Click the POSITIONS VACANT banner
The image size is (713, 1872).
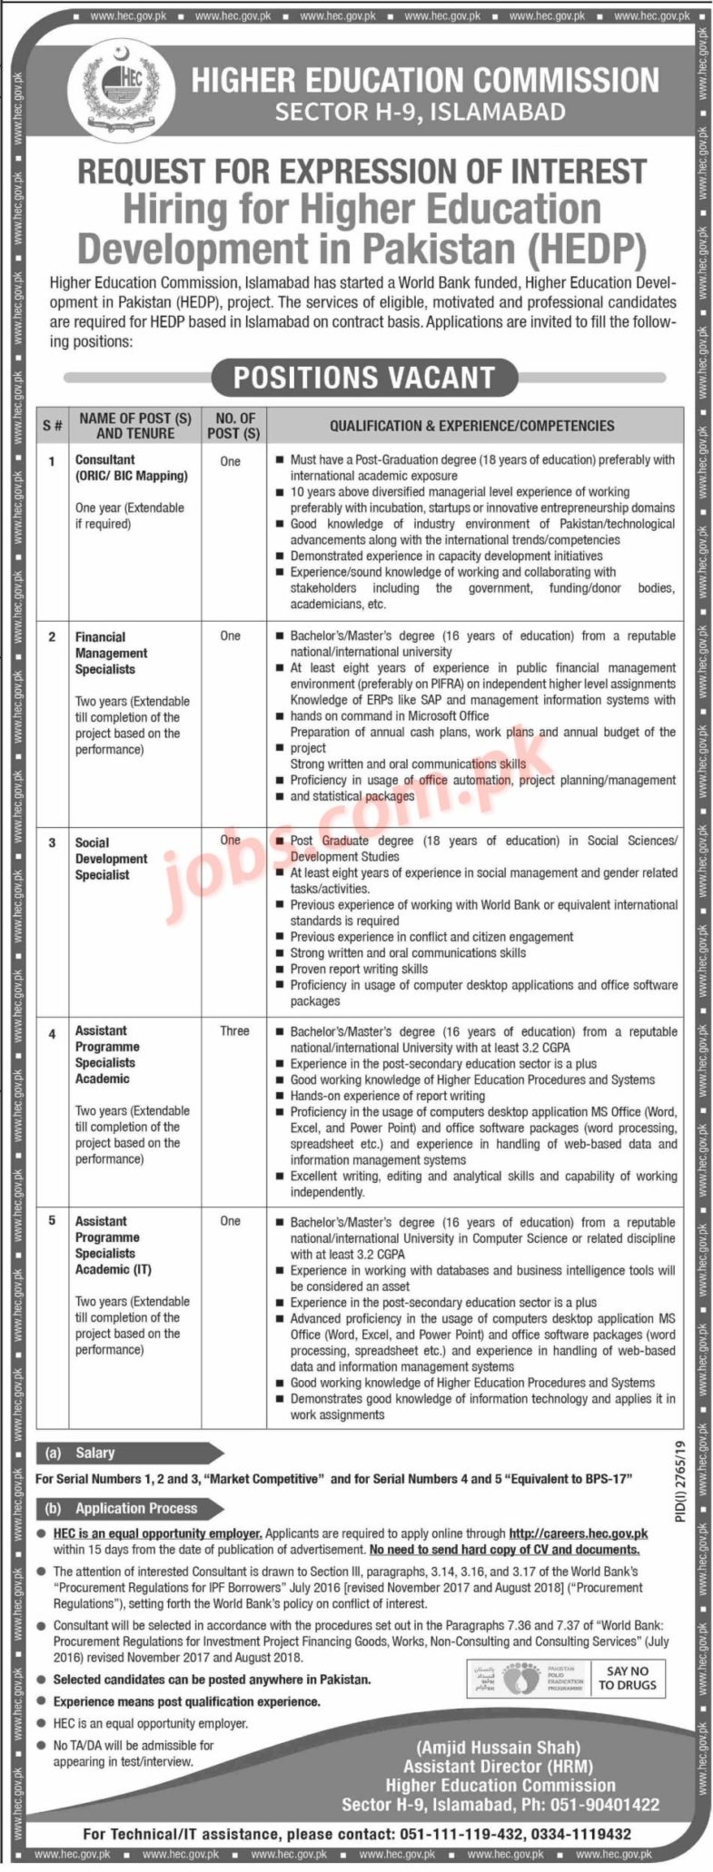pos(363,378)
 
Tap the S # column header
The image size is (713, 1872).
pos(52,426)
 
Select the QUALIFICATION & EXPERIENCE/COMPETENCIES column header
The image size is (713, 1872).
pos(471,426)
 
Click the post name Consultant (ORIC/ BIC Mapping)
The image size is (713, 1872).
pos(131,468)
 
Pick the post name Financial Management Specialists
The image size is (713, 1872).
pos(112,653)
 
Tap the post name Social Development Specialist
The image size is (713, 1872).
pos(111,858)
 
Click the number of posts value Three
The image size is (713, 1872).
pos(234,1031)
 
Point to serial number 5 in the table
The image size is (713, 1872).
pos(52,1221)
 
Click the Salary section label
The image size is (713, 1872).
pos(94,1453)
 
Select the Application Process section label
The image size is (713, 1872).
pos(135,1508)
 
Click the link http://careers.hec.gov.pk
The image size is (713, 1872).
pos(578,1533)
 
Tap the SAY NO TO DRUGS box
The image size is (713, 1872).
pos(628,1678)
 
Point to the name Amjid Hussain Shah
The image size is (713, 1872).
pos(498,1747)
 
